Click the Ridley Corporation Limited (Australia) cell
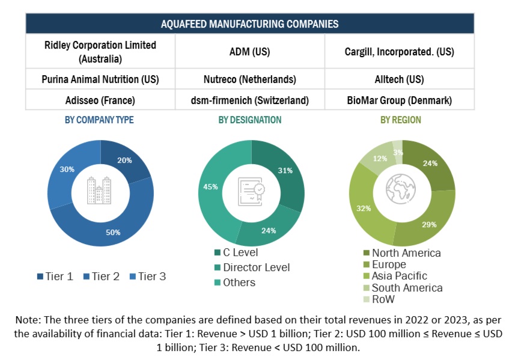(x=100, y=52)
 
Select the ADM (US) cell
(x=249, y=52)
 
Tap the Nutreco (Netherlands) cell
(x=249, y=79)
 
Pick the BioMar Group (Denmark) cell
(x=399, y=100)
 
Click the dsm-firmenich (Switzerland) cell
(x=249, y=100)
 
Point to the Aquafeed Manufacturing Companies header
(x=249, y=24)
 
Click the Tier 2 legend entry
(x=103, y=276)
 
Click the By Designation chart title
(x=249, y=120)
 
